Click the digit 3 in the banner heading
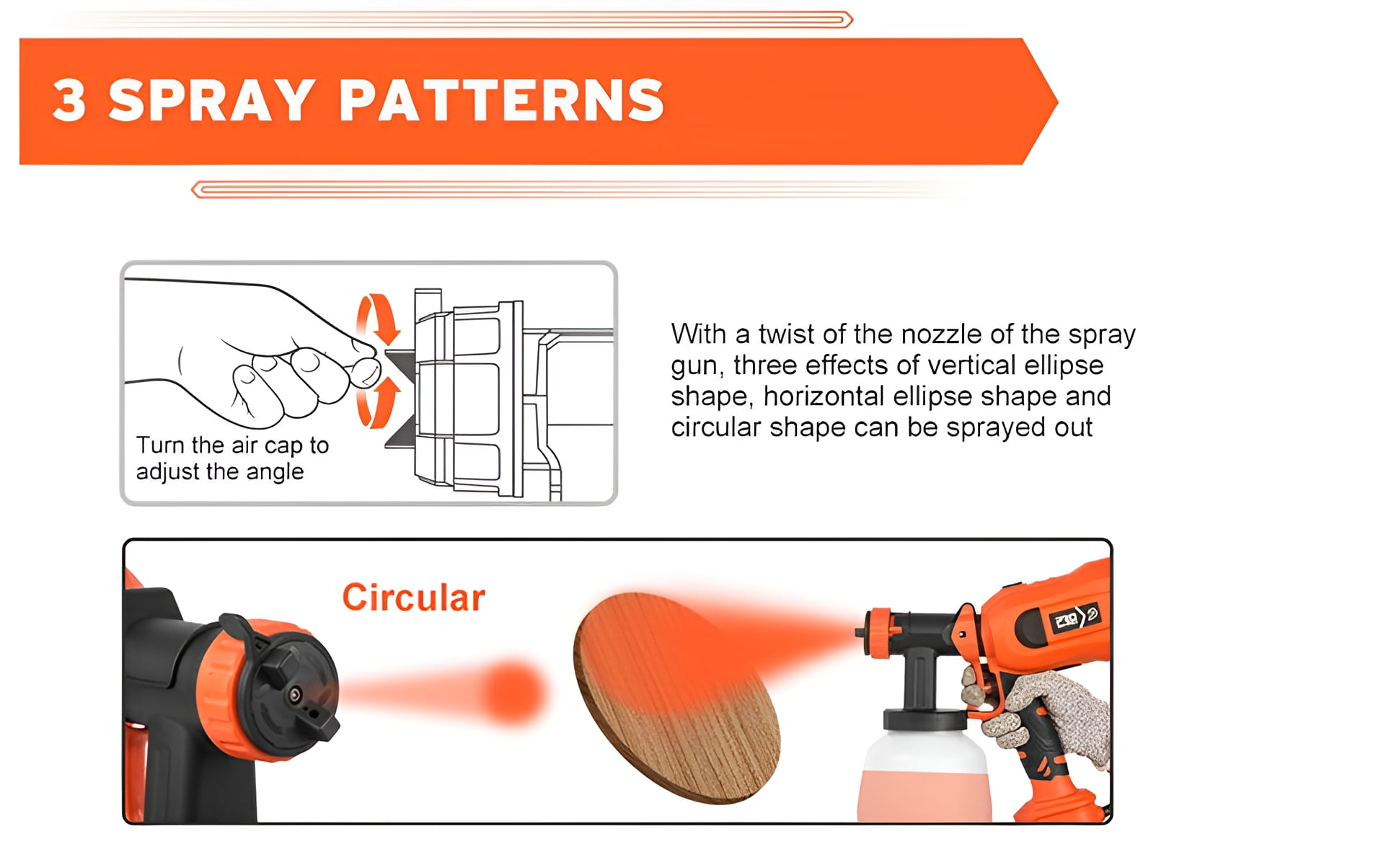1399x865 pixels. click(x=70, y=100)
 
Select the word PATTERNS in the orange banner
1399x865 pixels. click(x=501, y=100)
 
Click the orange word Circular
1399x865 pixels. click(x=413, y=598)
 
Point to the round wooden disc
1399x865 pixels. click(x=676, y=698)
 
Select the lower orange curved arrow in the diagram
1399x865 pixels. click(x=378, y=402)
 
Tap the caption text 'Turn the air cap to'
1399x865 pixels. click(x=232, y=445)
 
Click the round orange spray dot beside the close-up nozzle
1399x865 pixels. click(x=513, y=692)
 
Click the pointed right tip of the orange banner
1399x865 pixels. click(x=1057, y=102)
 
